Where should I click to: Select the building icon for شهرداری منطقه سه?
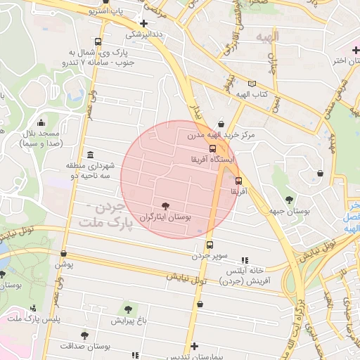click(x=90, y=155)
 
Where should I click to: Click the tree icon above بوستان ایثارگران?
click(x=165, y=206)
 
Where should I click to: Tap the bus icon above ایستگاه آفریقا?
click(x=212, y=148)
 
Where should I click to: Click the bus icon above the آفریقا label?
click(x=238, y=180)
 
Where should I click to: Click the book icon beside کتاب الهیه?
click(x=252, y=84)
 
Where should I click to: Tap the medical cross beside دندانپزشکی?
click(x=144, y=22)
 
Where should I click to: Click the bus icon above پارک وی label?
click(x=107, y=41)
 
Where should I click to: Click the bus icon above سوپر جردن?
click(x=210, y=245)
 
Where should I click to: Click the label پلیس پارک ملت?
click(x=33, y=319)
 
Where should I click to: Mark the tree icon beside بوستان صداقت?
click(x=85, y=335)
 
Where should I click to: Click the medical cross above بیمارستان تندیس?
click(x=194, y=346)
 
